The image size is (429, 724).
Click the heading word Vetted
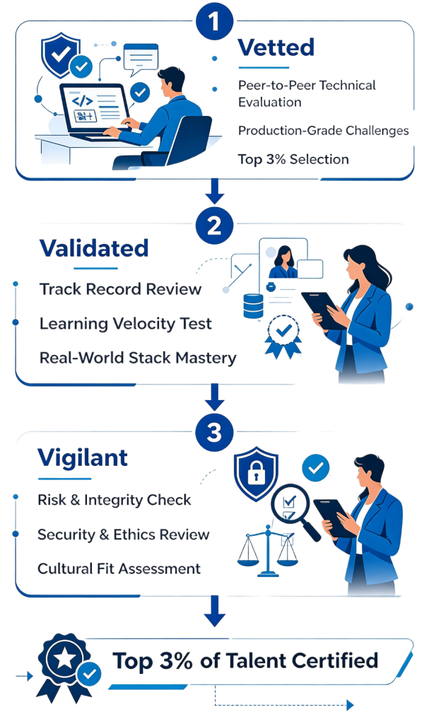pos(276,48)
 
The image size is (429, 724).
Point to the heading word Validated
pos(94,248)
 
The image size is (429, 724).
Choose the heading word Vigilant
pos(83,457)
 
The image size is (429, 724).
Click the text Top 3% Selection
pos(293,159)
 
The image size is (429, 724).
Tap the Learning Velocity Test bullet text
pos(125,324)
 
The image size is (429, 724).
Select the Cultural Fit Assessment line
pos(119,568)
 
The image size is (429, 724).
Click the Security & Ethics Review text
pos(123,534)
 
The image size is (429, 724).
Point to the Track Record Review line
pos(120,289)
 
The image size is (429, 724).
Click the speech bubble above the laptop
pos(141,57)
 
